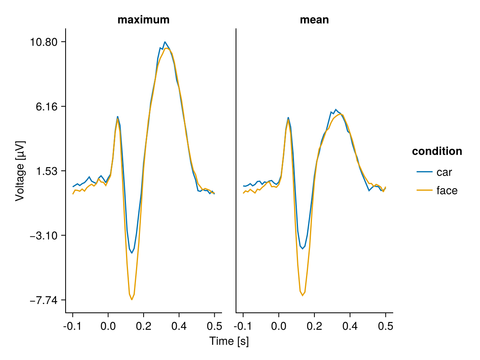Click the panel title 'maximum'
tap(143, 20)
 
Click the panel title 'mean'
tap(314, 20)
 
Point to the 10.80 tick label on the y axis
tap(44, 42)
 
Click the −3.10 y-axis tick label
tap(45, 236)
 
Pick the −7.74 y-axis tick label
tap(45, 300)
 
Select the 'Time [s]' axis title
tap(229, 341)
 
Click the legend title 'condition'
tap(437, 151)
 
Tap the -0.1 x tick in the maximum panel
tap(72, 326)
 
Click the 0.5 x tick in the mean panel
tap(386, 326)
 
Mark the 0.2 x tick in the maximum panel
tap(144, 326)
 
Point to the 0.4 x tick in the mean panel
tap(350, 326)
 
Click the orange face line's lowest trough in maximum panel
tap(132, 300)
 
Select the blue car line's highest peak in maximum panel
tap(165, 42)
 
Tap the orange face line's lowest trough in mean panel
tap(302, 296)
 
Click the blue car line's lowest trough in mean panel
tap(302, 249)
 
